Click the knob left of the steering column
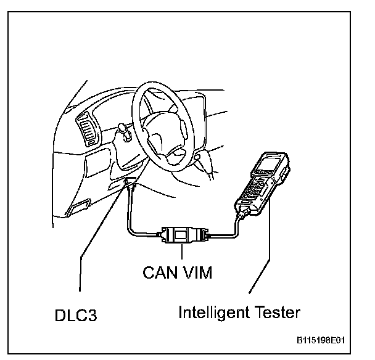point(122,131)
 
